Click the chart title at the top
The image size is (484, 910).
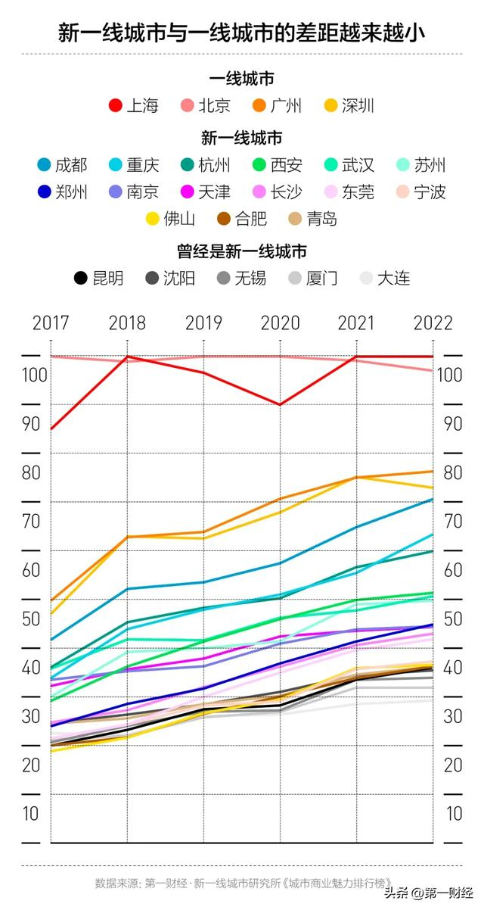point(241,33)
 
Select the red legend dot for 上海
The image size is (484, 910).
point(115,106)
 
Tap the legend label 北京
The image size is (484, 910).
point(214,106)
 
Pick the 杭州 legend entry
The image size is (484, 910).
point(214,165)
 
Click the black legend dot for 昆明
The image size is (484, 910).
point(80,279)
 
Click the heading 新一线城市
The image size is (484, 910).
point(241,138)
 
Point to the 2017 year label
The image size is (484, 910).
point(51,323)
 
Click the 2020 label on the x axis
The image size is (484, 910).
point(280,323)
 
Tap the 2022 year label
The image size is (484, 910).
point(433,323)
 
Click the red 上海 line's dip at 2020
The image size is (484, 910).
point(280,405)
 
